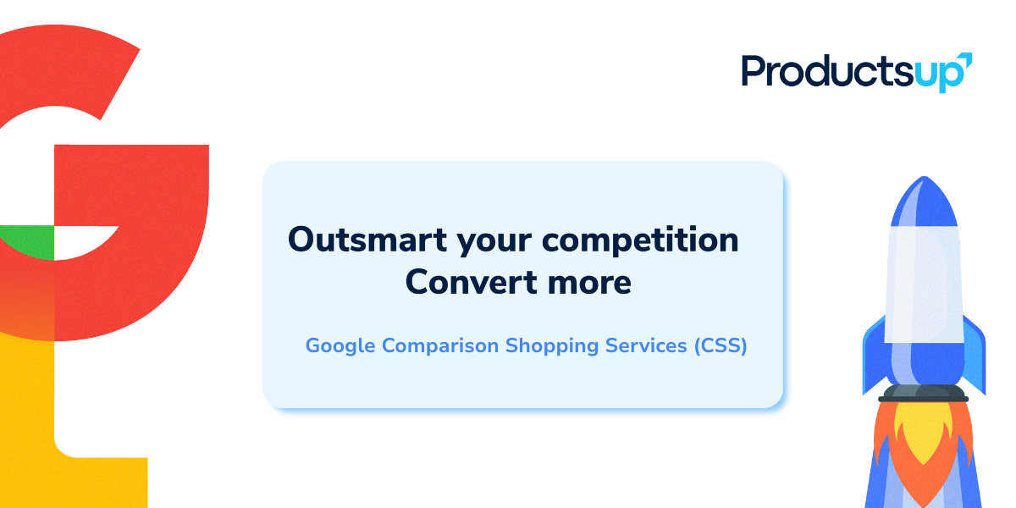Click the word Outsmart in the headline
[367, 240]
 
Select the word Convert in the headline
[472, 282]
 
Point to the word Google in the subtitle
[340, 346]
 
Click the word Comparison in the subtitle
[440, 346]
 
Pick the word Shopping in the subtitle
[552, 346]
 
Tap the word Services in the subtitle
[646, 345]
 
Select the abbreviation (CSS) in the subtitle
[721, 346]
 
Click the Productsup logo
[856, 73]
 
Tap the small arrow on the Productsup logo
[964, 60]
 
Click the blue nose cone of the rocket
[924, 202]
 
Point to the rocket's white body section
[924, 284]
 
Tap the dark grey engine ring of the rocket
[923, 393]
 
